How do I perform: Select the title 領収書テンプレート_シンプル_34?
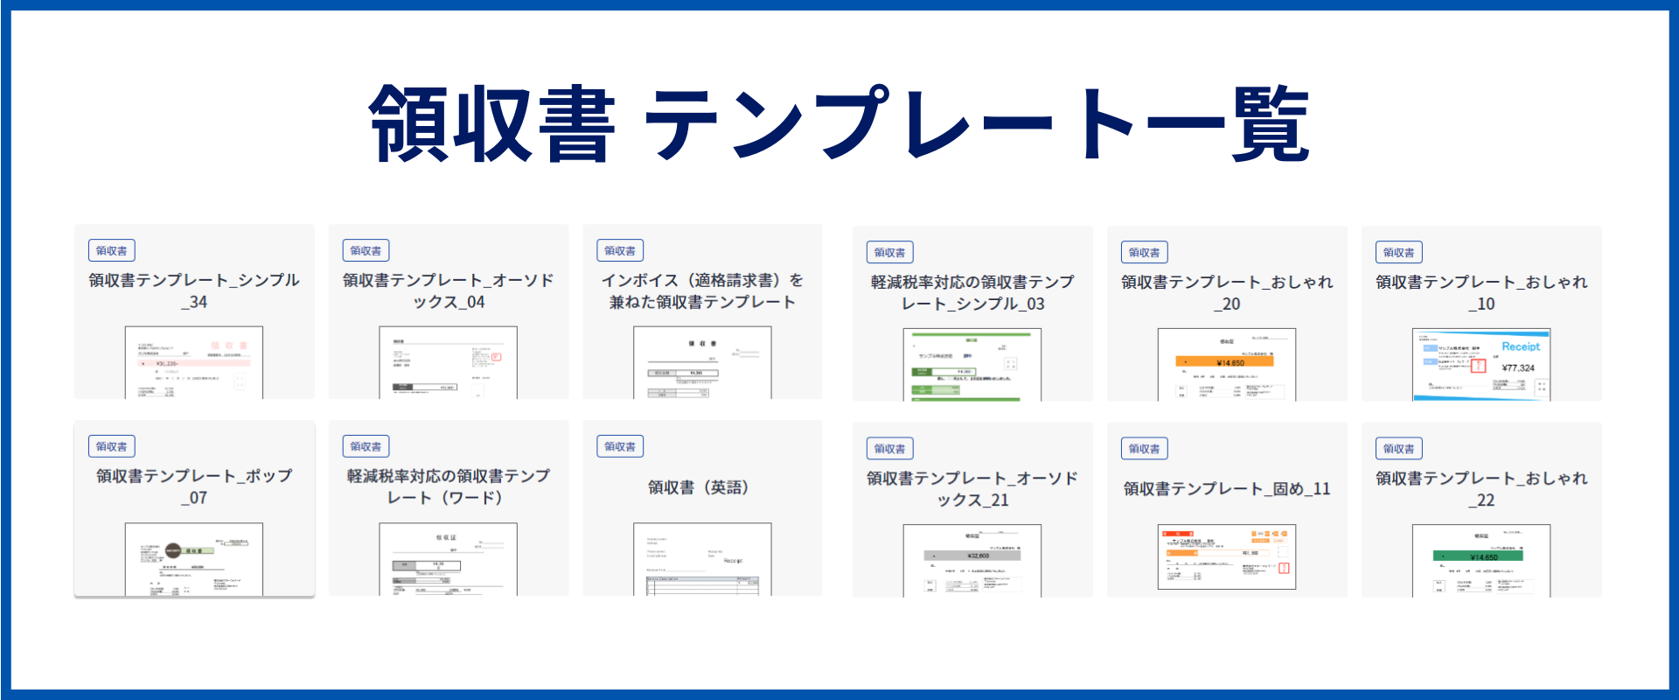tap(193, 290)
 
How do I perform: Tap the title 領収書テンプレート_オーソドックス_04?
tap(448, 290)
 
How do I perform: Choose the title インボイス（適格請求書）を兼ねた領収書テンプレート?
tap(702, 290)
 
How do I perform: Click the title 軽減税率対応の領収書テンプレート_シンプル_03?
tap(972, 292)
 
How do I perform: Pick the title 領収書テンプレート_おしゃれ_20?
tap(1227, 292)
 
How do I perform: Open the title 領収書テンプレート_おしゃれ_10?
tap(1481, 292)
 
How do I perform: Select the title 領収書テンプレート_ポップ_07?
tap(193, 486)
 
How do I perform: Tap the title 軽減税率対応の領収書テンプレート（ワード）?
tap(448, 486)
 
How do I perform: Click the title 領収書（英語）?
tap(702, 487)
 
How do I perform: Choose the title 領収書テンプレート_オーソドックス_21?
tap(972, 488)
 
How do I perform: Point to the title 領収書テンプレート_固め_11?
tap(1227, 489)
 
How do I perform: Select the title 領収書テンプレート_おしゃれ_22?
tap(1481, 488)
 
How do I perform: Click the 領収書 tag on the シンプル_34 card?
tap(111, 251)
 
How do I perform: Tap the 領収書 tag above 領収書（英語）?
tap(620, 447)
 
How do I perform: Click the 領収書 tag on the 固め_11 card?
tap(1144, 449)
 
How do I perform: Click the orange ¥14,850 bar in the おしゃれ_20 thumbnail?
tap(1224, 362)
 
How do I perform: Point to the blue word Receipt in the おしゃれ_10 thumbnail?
tap(1521, 346)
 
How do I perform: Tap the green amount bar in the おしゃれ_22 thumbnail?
tap(1478, 556)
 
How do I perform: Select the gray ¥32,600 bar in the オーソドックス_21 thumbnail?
tap(972, 556)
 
